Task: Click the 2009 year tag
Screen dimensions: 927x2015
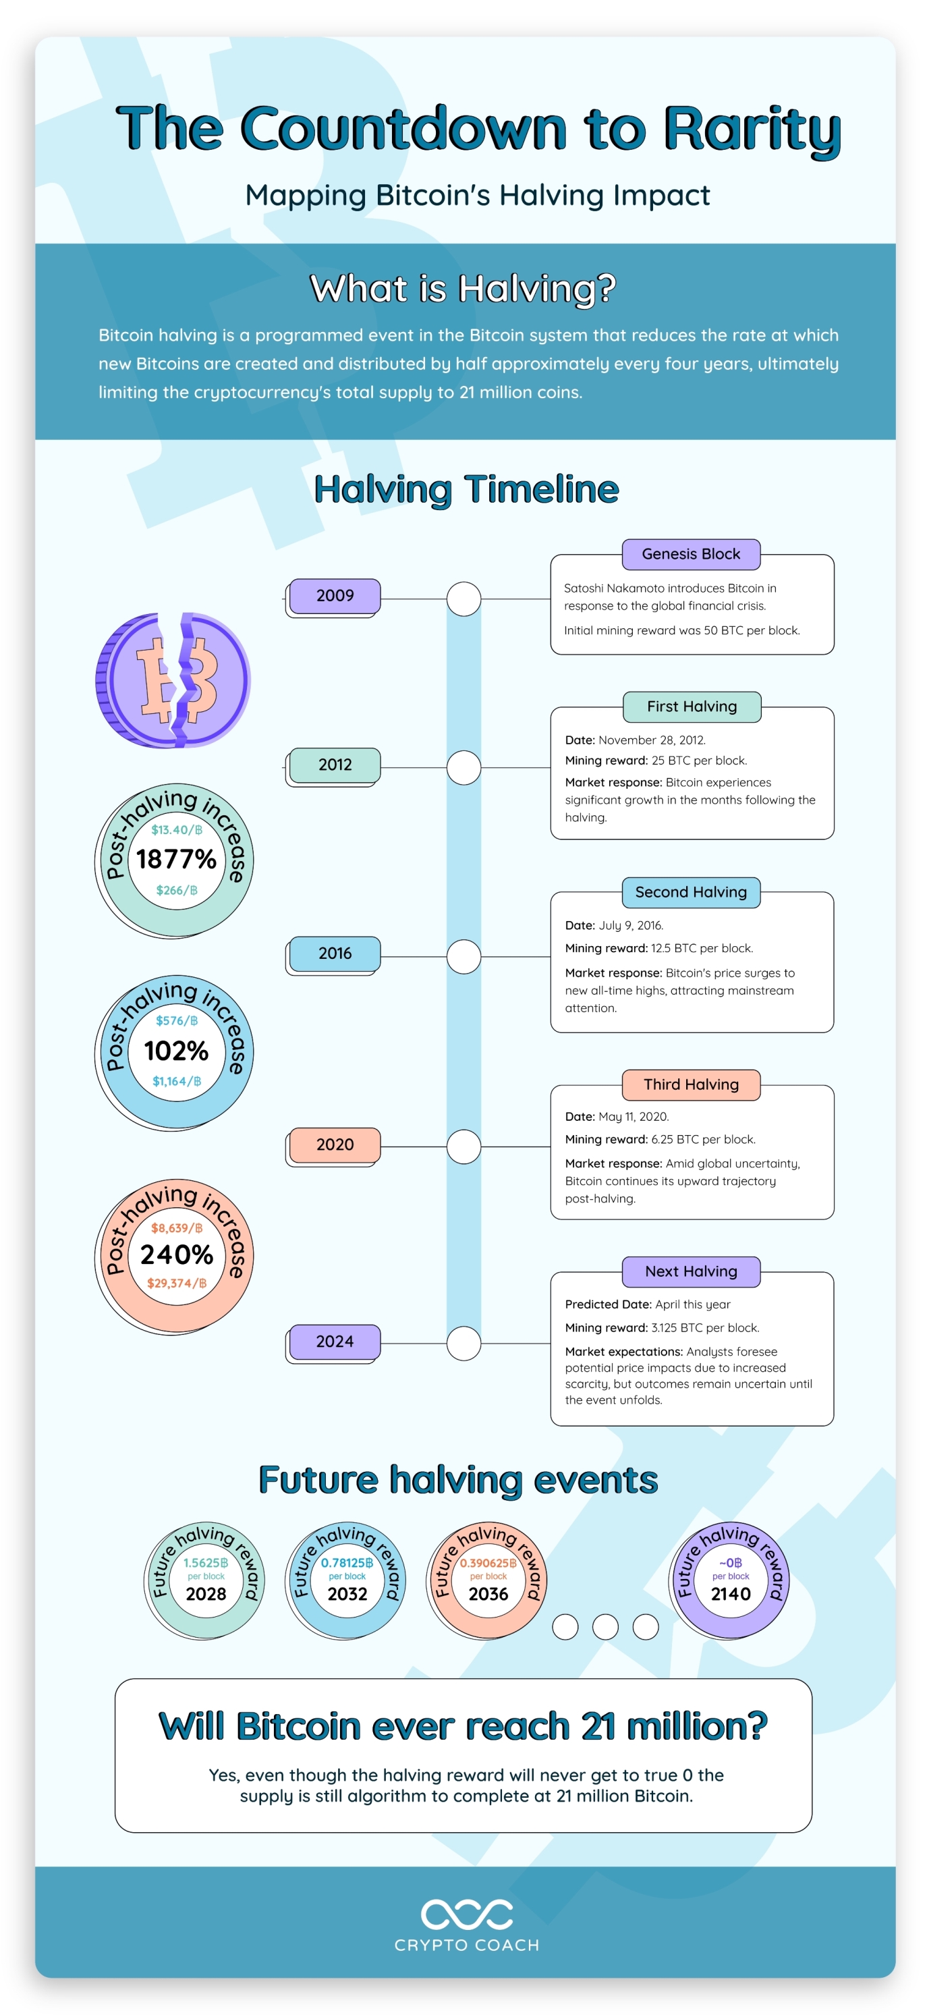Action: tap(335, 596)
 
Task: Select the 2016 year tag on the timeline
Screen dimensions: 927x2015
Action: tap(335, 954)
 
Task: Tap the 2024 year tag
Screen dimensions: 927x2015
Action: tap(335, 1342)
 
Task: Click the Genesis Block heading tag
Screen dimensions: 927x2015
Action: tap(691, 555)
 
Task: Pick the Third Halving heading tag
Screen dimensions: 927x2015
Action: tap(691, 1085)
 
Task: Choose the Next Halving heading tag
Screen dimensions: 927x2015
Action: tap(691, 1272)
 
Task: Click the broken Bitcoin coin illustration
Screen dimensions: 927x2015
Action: tap(173, 680)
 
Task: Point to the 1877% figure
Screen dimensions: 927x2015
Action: tap(176, 859)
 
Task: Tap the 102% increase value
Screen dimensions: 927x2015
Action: tap(176, 1051)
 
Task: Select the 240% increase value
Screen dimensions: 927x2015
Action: tap(176, 1254)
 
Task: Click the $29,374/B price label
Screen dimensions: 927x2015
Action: tap(177, 1283)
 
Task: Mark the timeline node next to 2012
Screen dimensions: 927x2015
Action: tap(464, 768)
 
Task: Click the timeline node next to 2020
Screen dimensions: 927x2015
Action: tap(464, 1147)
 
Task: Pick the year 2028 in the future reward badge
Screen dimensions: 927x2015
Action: tap(206, 1594)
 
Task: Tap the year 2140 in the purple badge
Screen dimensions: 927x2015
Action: tap(731, 1594)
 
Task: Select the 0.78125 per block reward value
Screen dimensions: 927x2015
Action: tap(347, 1563)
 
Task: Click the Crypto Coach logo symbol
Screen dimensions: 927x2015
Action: tap(467, 1914)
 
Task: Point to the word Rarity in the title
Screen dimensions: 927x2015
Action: tap(752, 129)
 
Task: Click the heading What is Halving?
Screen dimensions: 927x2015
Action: tap(463, 289)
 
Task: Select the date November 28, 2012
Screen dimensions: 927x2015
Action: tap(652, 740)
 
